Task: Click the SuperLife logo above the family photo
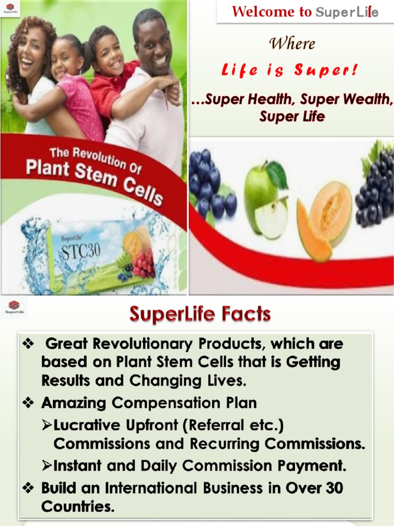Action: [10, 9]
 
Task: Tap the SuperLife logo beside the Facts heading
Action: [14, 306]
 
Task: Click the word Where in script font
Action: [292, 44]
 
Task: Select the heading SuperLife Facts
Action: [200, 314]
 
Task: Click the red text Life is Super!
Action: [290, 70]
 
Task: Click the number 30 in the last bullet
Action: [333, 488]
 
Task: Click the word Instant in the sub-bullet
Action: [78, 466]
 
